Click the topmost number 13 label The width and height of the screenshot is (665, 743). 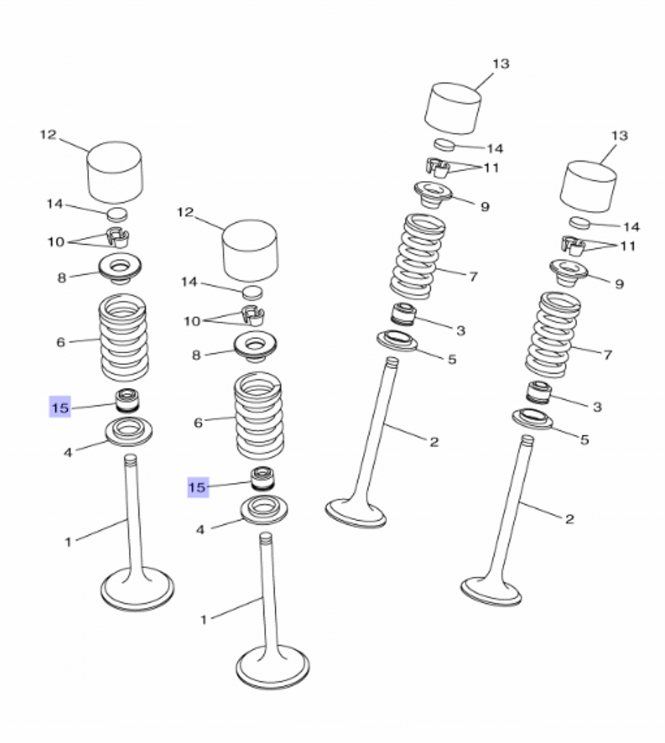point(501,63)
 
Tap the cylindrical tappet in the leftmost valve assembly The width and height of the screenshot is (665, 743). point(114,172)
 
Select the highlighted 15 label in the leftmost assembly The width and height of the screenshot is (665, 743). point(60,407)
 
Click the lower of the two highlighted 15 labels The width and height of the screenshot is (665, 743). point(198,487)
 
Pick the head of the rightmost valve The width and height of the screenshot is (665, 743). point(491,590)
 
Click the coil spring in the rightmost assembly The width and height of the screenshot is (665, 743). point(552,335)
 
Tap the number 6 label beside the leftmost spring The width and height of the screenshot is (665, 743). point(61,342)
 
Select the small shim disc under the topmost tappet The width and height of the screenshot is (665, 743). point(444,144)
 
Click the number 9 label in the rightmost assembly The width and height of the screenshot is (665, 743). point(619,284)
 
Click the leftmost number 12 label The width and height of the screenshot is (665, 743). point(48,135)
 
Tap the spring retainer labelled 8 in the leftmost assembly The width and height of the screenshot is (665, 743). point(121,269)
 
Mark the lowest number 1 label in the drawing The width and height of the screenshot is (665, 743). point(203,620)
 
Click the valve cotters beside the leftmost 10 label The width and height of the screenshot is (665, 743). point(117,238)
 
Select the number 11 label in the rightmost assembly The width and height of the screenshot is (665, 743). point(628,246)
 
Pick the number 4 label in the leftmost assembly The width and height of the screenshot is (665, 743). point(68,452)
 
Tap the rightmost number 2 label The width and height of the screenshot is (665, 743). point(569,519)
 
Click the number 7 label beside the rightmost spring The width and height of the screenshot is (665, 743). point(608,355)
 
